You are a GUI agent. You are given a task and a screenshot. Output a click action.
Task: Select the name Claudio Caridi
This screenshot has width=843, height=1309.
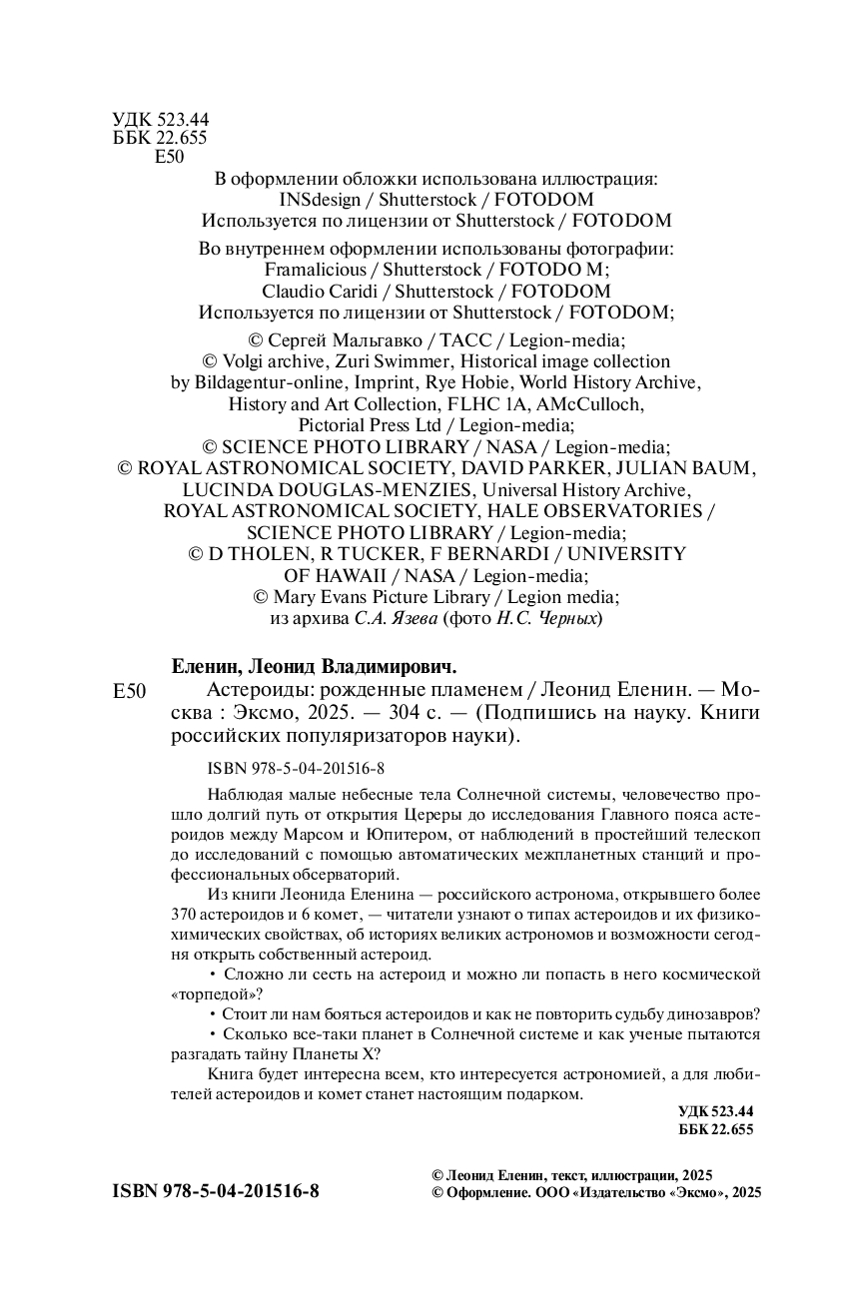[x=322, y=292]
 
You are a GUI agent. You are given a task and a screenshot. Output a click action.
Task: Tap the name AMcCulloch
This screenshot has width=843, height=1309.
[x=589, y=404]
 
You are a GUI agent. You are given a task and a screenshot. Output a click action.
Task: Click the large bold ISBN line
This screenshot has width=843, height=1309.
[x=217, y=1191]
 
